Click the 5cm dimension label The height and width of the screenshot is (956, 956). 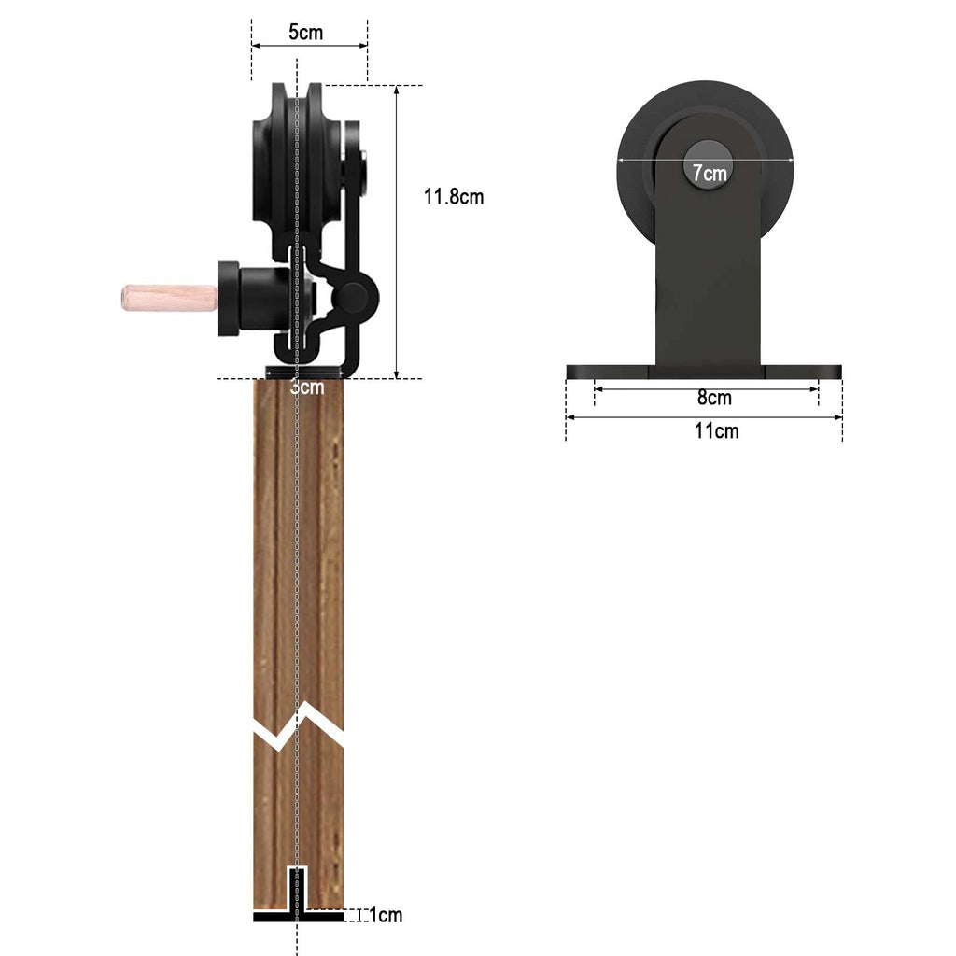point(305,33)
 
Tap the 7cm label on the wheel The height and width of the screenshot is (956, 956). point(709,173)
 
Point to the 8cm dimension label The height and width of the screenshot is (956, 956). point(714,399)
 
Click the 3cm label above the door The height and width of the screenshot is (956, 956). point(306,387)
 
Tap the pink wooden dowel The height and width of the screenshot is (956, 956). point(169,298)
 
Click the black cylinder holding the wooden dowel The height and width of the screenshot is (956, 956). point(245,298)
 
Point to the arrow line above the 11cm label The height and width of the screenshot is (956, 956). point(705,416)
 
